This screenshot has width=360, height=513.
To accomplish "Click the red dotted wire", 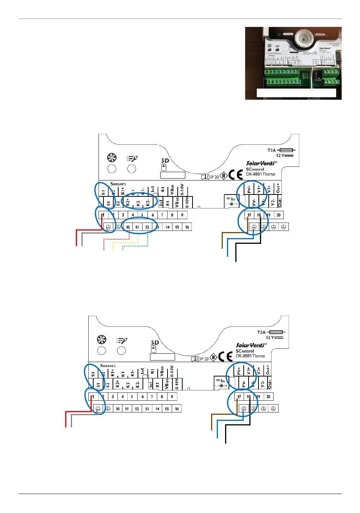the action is pyautogui.click(x=116, y=240).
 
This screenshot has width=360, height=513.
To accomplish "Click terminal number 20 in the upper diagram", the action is pyautogui.click(x=278, y=215).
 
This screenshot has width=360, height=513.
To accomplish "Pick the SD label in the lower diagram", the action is pyautogui.click(x=155, y=342).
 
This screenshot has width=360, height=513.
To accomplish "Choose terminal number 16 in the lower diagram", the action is pyautogui.click(x=177, y=409).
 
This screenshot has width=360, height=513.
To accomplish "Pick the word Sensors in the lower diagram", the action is pyautogui.click(x=108, y=366).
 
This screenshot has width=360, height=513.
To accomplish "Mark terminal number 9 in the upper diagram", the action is pyautogui.click(x=182, y=215).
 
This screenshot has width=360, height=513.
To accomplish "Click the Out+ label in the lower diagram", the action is pyautogui.click(x=268, y=370).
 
